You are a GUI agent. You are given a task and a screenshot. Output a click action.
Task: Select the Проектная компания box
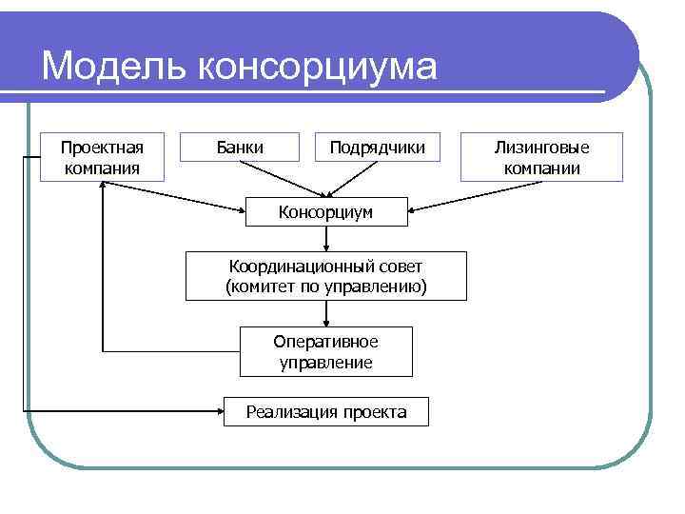(102, 157)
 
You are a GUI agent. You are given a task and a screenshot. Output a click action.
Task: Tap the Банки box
(240, 148)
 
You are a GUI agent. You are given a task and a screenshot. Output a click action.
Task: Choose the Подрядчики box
(377, 148)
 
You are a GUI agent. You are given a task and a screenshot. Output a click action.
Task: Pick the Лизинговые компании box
(541, 157)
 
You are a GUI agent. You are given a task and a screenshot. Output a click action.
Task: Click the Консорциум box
(325, 210)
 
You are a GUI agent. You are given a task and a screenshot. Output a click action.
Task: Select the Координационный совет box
(325, 276)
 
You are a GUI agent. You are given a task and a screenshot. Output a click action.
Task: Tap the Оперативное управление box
(325, 352)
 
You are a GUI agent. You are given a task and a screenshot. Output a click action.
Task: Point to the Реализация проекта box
(325, 412)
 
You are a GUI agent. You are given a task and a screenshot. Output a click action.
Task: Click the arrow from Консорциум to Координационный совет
(326, 239)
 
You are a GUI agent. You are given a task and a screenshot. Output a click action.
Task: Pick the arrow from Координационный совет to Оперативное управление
(326, 314)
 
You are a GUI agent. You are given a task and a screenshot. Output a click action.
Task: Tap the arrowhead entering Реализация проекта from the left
(217, 412)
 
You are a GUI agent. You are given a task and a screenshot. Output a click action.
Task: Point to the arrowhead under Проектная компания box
(102, 187)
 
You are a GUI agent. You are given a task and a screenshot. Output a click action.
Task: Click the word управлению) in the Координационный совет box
(380, 286)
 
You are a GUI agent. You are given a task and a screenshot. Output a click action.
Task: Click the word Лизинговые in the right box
(541, 148)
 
